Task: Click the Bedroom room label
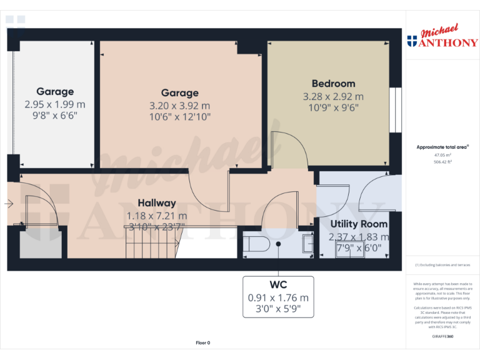333,84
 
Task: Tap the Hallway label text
156,203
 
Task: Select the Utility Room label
359,224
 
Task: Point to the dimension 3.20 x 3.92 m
179,105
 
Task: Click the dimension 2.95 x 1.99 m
55,104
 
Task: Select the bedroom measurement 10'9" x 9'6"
333,107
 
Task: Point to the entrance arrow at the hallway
9,203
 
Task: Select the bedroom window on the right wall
395,110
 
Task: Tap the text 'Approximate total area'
442,147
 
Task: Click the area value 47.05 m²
442,154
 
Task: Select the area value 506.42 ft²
442,161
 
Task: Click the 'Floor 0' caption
203,342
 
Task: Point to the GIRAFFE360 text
442,337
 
